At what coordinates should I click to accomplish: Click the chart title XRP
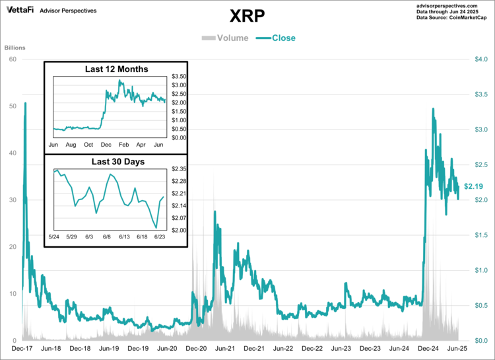(247, 16)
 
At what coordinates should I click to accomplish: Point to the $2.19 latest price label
(475, 186)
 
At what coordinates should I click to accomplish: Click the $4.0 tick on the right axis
(481, 59)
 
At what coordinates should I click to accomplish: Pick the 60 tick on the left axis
(12, 59)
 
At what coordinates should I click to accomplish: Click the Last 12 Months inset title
(117, 69)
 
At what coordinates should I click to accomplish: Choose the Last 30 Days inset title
(117, 161)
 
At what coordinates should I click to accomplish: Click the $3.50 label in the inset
(179, 77)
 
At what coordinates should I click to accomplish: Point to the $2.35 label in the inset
(179, 169)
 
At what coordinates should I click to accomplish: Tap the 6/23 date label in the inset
(159, 236)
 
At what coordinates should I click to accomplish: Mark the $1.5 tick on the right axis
(481, 235)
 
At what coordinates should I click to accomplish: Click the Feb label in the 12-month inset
(123, 144)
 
